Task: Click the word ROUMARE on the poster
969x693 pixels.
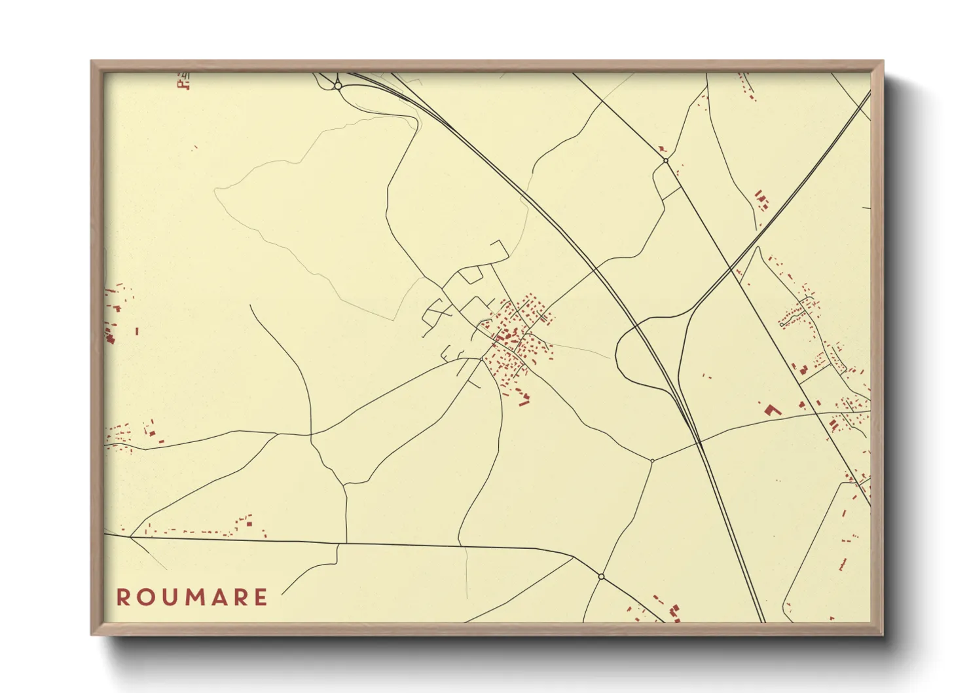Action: coord(192,597)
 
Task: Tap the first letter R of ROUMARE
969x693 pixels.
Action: coord(122,597)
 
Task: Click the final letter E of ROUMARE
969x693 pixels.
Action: coord(261,597)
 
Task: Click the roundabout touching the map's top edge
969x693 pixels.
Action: coord(337,85)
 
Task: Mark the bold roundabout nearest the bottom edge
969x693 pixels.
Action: coord(601,576)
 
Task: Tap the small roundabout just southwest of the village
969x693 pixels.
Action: coord(481,359)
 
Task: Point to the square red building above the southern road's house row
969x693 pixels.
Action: coord(249,522)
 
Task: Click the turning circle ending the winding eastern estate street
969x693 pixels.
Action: coord(782,324)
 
